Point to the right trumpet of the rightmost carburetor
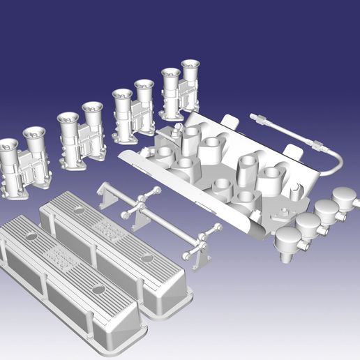pos(190,68)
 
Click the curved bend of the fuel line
pos(338,164)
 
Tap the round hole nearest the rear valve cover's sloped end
pos(147,258)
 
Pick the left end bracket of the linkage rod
pos(106,195)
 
